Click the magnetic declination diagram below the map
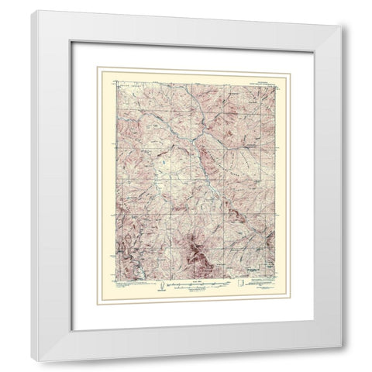click(160, 285)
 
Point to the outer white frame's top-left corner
click(32, 11)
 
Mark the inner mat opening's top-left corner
click(96, 67)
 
